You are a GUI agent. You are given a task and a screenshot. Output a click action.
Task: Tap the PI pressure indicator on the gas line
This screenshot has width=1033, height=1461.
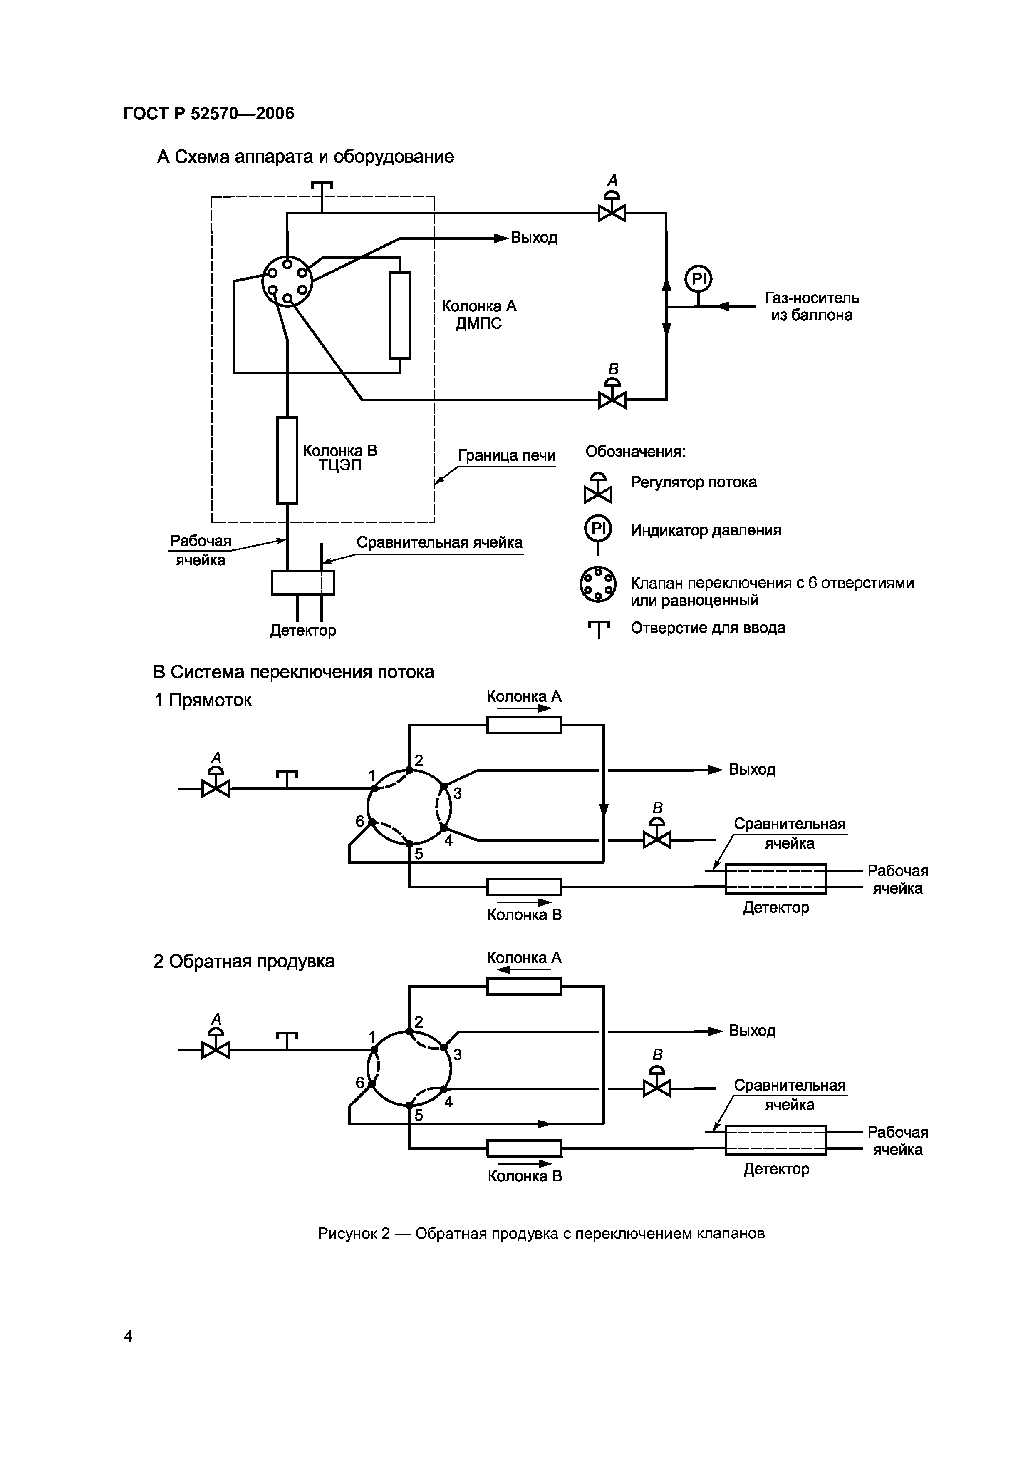pyautogui.click(x=698, y=279)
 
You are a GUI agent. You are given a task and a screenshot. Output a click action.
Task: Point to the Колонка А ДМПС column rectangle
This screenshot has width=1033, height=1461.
pyautogui.click(x=400, y=316)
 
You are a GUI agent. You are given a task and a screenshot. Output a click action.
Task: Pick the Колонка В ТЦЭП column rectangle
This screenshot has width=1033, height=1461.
pyautogui.click(x=287, y=460)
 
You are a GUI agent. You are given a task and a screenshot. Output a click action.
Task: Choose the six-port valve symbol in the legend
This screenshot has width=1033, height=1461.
pyautogui.click(x=598, y=584)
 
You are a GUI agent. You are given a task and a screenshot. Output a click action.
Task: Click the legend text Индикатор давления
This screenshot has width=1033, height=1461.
pyautogui.click(x=706, y=530)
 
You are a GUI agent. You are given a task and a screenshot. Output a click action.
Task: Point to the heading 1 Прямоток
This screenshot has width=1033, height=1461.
pyautogui.click(x=203, y=700)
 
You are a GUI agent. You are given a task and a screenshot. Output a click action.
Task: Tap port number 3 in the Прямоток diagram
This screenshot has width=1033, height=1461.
pyautogui.click(x=457, y=793)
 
